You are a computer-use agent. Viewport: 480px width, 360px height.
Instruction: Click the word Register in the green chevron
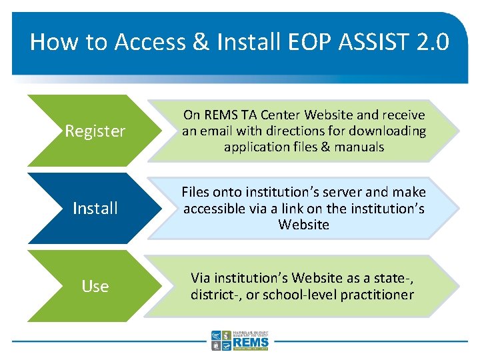coord(95,131)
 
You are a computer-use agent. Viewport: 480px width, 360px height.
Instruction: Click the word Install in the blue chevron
coord(95,209)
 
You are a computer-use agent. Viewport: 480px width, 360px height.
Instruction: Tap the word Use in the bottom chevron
coord(95,287)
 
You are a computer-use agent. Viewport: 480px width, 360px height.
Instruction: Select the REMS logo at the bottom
coord(240,340)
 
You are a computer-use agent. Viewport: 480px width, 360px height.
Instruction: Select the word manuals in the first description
coord(361,147)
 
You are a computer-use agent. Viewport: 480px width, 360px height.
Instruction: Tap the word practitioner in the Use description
coord(375,295)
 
